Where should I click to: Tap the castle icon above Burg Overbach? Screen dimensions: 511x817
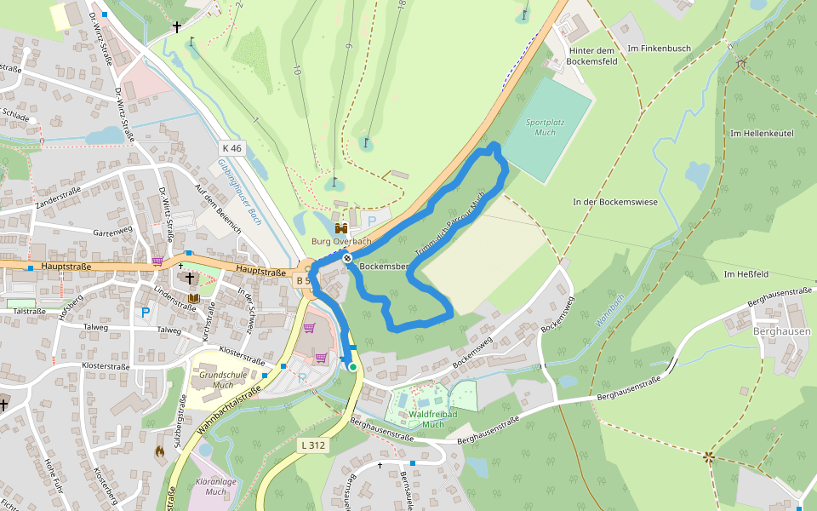pos(341,228)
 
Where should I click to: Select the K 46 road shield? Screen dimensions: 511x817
pos(231,148)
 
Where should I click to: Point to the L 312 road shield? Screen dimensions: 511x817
pos(312,445)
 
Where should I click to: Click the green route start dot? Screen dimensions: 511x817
pos(352,367)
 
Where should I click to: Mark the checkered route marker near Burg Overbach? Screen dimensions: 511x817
pos(347,258)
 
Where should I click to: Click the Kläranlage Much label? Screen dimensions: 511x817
pos(216,486)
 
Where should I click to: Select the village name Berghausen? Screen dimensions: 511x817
pos(780,330)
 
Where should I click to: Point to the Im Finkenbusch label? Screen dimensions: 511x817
pos(658,49)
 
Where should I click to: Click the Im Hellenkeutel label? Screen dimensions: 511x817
pos(762,134)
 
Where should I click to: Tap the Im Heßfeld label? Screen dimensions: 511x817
pos(746,274)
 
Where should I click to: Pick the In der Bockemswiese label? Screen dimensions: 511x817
pos(614,202)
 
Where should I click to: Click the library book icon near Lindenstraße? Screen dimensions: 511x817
pos(194,298)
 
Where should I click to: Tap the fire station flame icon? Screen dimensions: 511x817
pos(159,452)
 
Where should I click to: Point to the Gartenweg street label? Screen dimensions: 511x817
pos(113,232)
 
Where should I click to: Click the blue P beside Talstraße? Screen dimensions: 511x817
pos(146,313)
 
